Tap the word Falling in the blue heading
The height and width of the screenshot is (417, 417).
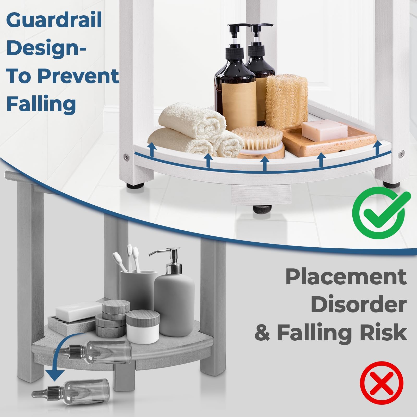pos(41,104)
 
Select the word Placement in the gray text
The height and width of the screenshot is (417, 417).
pos(346,277)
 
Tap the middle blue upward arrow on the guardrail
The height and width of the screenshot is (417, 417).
pos(265,163)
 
